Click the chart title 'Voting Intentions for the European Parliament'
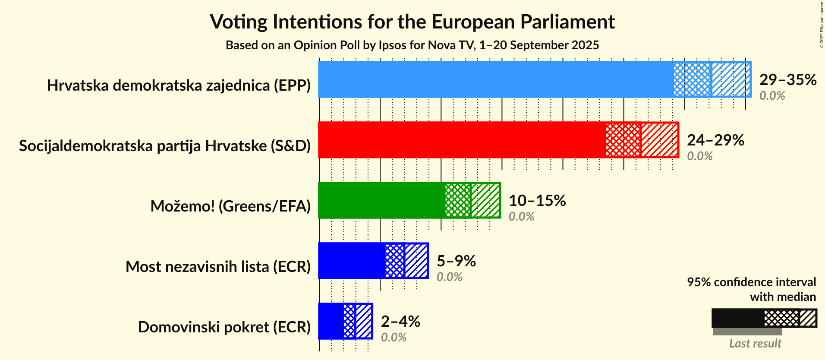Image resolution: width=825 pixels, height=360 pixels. tap(412, 22)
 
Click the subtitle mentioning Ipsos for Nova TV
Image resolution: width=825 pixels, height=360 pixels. tap(412, 45)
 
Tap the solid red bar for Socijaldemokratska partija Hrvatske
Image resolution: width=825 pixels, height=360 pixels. tap(462, 140)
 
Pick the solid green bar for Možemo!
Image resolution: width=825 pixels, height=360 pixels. tap(381, 200)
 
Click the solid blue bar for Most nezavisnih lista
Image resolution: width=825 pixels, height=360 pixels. tap(351, 261)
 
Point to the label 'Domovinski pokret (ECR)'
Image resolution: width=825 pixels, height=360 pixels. tap(224, 327)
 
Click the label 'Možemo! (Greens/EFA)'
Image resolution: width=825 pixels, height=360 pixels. tap(230, 206)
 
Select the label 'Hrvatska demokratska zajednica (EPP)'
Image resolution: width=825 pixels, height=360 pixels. tap(179, 85)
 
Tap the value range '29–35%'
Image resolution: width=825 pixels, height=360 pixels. tap(787, 79)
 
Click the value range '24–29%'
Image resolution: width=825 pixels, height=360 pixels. tap(715, 140)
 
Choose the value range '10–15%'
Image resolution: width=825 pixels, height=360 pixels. tap(537, 200)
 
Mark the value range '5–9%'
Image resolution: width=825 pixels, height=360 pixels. tap(456, 261)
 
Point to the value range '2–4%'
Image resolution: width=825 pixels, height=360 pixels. tap(400, 321)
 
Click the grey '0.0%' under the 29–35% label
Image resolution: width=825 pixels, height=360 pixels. tap(772, 95)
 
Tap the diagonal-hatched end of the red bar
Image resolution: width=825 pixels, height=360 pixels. tap(659, 140)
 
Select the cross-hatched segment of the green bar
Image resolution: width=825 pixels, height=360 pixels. tap(457, 200)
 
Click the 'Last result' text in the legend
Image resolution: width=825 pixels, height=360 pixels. tap(755, 343)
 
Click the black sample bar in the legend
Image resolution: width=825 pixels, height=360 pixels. tap(737, 319)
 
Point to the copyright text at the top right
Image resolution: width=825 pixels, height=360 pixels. tap(822, 25)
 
